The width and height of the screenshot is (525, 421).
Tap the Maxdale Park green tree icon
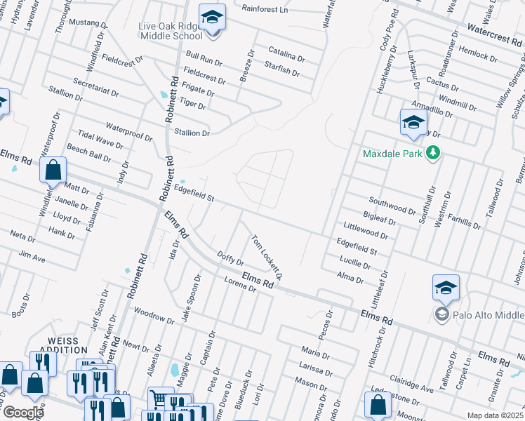pos(434,153)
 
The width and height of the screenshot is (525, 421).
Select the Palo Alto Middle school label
pos(486,313)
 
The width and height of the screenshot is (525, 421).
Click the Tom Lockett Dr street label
pos(267,257)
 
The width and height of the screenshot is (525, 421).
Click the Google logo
pos(22,413)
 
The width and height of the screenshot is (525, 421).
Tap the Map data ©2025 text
pos(495,415)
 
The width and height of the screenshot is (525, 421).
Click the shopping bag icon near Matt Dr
pos(53,170)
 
